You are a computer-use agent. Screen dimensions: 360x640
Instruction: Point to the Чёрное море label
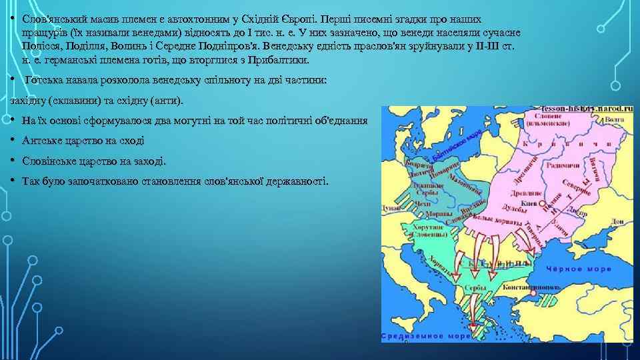[571, 271]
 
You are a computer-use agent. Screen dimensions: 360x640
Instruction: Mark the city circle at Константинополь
[533, 292]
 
